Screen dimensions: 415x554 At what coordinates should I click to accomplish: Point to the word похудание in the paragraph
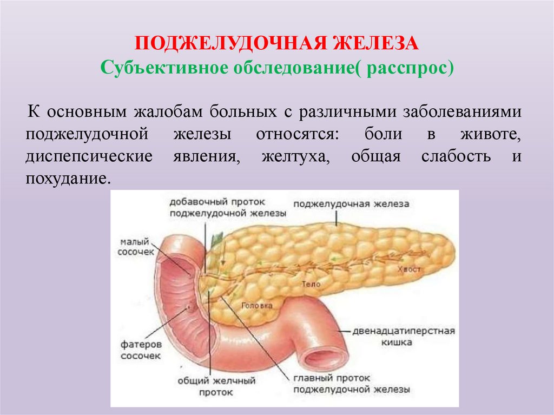click(x=64, y=178)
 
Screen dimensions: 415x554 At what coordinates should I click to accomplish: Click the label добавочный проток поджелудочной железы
click(x=227, y=207)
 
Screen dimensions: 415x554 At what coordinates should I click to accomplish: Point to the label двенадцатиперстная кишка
click(x=404, y=336)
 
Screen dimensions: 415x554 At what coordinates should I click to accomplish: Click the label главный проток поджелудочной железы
click(x=352, y=384)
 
